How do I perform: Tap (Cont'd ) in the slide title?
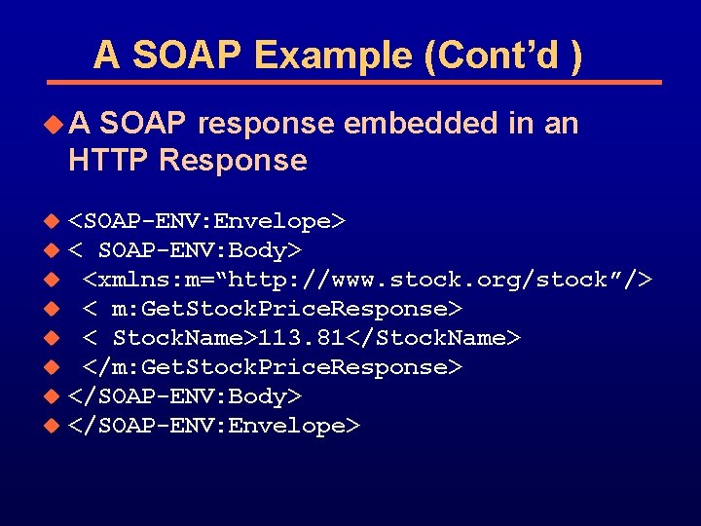(x=504, y=56)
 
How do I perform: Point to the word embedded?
(x=421, y=124)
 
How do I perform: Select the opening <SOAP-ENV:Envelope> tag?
(x=206, y=221)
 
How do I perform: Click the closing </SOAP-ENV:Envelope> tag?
(x=214, y=426)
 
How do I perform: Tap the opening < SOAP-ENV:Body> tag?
(x=185, y=250)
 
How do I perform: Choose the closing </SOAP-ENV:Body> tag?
(x=185, y=396)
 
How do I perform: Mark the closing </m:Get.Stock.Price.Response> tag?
(x=272, y=367)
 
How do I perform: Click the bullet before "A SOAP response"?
(x=55, y=125)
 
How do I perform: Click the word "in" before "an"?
(x=522, y=124)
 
